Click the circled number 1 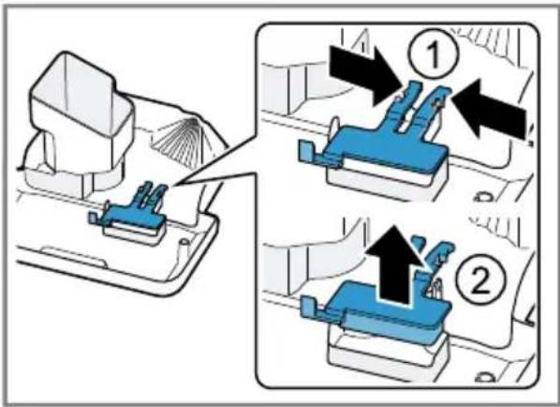click(x=434, y=55)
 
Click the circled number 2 click(x=479, y=280)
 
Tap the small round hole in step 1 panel click(x=483, y=197)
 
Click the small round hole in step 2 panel click(x=484, y=377)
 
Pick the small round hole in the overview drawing click(x=184, y=242)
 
